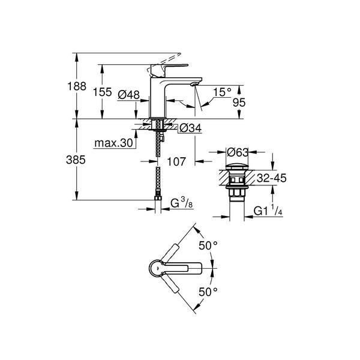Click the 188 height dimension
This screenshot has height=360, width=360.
[x=77, y=86]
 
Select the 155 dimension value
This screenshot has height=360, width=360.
[x=103, y=92]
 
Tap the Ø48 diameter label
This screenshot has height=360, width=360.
[x=128, y=95]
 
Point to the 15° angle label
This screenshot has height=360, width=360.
[x=222, y=92]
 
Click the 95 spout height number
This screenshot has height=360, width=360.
[x=239, y=103]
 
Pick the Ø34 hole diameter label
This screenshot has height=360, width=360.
[x=191, y=128]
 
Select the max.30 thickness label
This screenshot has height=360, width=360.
[x=113, y=143]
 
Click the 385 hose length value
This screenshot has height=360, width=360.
[x=76, y=160]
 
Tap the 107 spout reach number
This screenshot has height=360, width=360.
[x=176, y=161]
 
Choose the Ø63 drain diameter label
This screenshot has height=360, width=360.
[x=238, y=152]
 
